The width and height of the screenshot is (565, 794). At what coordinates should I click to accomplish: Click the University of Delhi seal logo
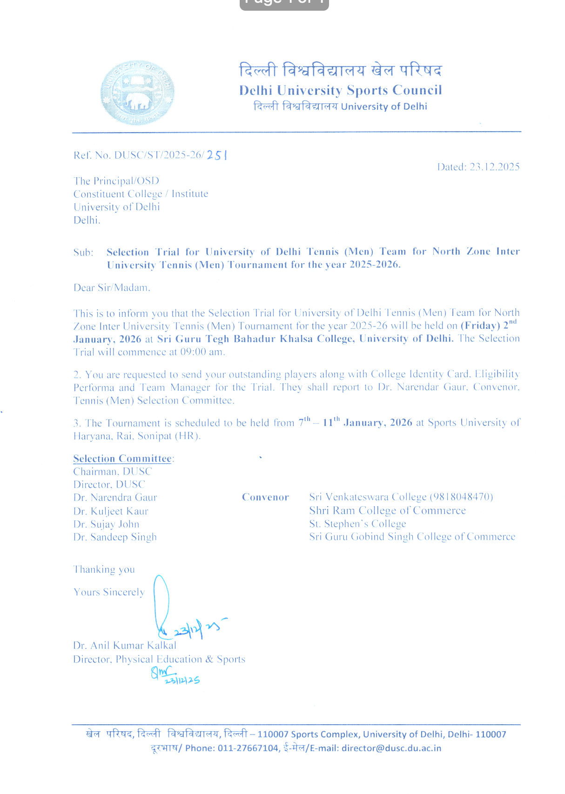click(x=137, y=93)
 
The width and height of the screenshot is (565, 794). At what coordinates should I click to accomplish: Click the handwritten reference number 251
click(x=217, y=155)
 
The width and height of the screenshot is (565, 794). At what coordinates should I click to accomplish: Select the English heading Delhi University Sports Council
click(x=340, y=90)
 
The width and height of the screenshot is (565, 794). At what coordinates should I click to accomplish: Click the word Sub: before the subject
click(x=83, y=253)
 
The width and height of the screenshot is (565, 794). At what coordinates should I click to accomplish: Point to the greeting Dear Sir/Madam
click(x=112, y=288)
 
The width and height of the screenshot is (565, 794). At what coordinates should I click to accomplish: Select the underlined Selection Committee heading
click(x=122, y=459)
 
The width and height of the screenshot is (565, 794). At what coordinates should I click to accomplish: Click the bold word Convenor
click(x=265, y=497)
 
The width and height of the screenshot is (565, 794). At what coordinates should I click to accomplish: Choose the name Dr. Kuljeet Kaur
click(x=111, y=511)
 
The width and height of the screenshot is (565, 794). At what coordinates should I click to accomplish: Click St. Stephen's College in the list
click(x=357, y=524)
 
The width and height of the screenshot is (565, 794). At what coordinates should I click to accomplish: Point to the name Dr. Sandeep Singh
click(x=115, y=537)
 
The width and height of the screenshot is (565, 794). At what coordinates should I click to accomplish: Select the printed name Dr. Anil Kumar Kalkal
click(x=125, y=646)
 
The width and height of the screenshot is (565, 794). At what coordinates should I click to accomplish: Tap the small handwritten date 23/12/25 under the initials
click(x=182, y=681)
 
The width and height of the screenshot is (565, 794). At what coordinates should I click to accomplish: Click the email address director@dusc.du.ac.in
click(x=391, y=748)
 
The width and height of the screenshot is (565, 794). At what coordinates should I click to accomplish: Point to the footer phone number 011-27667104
click(x=248, y=748)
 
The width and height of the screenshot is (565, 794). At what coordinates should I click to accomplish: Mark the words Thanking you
click(x=104, y=570)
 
